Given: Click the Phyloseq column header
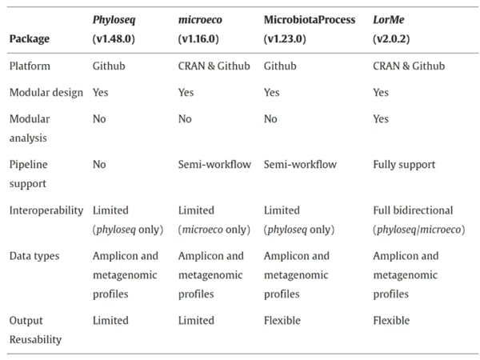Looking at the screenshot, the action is (114, 29).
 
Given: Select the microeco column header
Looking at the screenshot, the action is (200, 29).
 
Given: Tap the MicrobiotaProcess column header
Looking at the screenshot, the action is (310, 29).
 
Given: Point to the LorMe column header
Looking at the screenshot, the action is (391, 29).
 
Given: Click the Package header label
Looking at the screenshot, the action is (30, 39).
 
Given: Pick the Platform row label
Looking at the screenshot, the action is (30, 66).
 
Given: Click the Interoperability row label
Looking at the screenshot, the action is (46, 210).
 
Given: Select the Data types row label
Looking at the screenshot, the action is (34, 256).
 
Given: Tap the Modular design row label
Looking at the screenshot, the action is (46, 92).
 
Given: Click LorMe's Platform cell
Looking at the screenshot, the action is (409, 66).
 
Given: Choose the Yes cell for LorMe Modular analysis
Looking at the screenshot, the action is (381, 118).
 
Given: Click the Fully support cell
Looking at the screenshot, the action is (404, 165).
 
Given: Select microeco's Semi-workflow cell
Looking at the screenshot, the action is (214, 164).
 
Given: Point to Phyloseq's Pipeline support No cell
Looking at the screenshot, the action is (99, 164).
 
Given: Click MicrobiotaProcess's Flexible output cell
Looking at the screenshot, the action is (282, 320).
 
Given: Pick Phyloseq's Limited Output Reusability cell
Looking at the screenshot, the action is (110, 320).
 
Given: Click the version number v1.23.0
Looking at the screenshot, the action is (285, 39).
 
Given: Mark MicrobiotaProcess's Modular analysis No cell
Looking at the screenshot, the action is (270, 118).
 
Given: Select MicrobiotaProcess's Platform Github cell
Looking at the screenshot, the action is (280, 66).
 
